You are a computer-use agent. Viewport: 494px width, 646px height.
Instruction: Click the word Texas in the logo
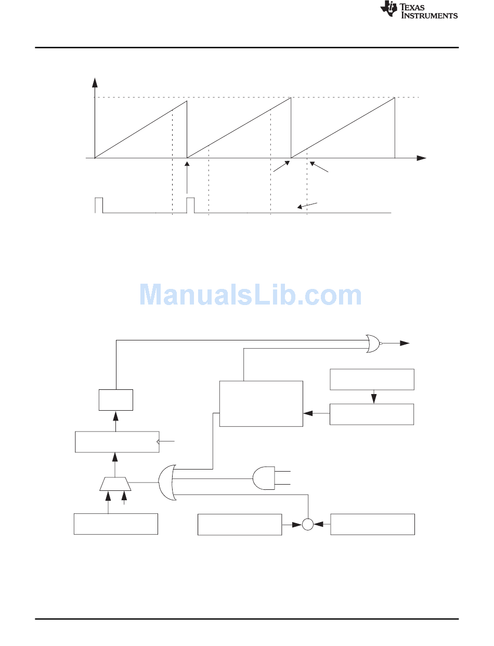coord(412,7)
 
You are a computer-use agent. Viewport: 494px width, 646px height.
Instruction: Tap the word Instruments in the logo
coord(430,15)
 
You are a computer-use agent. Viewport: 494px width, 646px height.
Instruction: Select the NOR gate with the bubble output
coord(374,344)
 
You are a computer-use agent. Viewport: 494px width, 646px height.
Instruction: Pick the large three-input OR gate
coord(167,482)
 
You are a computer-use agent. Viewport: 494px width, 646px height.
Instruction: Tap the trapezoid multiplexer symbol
coord(115,484)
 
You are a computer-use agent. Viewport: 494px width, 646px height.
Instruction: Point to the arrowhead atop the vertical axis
coord(95,82)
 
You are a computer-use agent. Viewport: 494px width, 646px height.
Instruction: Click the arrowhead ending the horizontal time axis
coord(422,158)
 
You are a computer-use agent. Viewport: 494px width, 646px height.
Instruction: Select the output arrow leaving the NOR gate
coord(396,344)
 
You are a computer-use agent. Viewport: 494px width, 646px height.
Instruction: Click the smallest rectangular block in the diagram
coord(116,400)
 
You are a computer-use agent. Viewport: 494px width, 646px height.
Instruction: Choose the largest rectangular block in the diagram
coord(261,403)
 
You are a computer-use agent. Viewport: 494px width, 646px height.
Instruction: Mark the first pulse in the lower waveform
coord(99,205)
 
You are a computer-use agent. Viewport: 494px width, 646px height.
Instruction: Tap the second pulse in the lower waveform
coord(190,205)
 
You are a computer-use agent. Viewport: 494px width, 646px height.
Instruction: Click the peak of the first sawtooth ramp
coord(187,101)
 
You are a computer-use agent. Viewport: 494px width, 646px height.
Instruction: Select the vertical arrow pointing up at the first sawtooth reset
coord(187,178)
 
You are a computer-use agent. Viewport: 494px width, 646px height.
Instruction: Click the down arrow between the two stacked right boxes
coord(374,397)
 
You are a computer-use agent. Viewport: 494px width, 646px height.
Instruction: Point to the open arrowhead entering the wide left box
coord(158,441)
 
